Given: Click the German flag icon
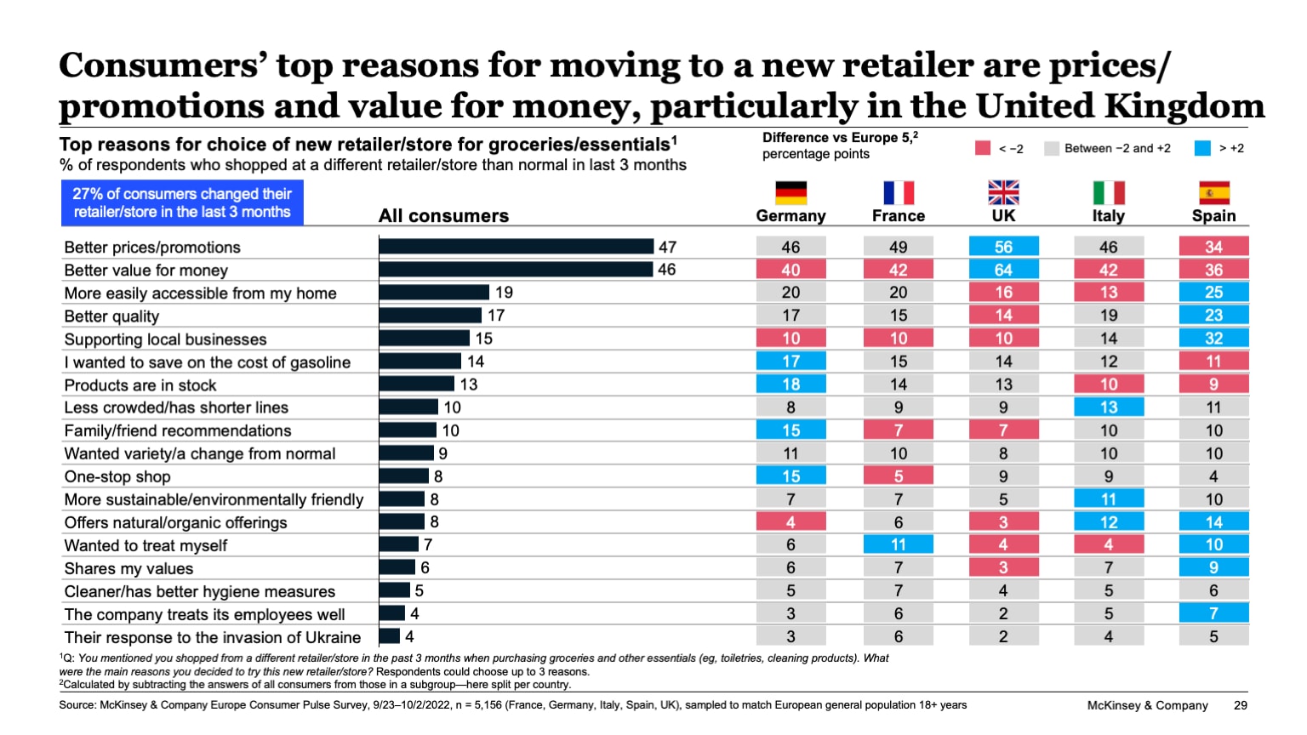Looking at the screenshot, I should click(x=790, y=193).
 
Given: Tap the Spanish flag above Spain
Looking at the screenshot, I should click(x=1213, y=193).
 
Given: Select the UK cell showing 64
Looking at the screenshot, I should click(x=1003, y=270).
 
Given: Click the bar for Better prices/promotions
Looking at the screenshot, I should click(x=517, y=247).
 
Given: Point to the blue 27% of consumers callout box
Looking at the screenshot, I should click(x=182, y=203).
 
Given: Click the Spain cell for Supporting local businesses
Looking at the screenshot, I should click(x=1213, y=339).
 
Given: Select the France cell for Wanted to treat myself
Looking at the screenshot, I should click(x=898, y=544).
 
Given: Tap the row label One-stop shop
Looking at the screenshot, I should click(x=117, y=477).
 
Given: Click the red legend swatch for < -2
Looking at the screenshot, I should click(x=983, y=148).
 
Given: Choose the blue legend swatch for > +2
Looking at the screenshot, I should click(x=1202, y=148).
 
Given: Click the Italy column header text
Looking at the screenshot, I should click(x=1108, y=216).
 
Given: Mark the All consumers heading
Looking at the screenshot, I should click(x=443, y=216).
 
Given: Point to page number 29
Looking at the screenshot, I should click(x=1240, y=705).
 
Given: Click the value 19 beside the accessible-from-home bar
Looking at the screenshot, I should click(x=504, y=293).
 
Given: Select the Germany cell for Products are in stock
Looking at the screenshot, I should click(x=790, y=385).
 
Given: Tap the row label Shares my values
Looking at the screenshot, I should click(x=128, y=569).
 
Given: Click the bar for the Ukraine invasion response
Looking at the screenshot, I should click(x=390, y=636).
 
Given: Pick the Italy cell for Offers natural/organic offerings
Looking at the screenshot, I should click(x=1108, y=522).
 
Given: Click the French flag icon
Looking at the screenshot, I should click(x=898, y=193).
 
